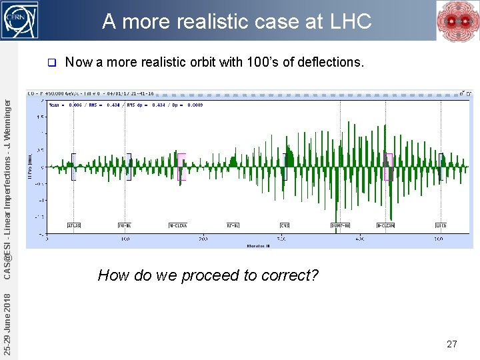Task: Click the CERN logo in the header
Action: coord(20,20)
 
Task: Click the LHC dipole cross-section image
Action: coord(456,21)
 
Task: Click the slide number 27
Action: coord(451,344)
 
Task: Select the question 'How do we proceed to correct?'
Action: coord(208,275)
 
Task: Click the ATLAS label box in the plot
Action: coord(74,225)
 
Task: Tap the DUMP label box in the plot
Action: coord(341,225)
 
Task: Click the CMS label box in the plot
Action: coord(285,225)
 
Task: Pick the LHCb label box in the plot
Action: coord(441,225)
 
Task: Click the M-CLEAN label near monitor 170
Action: coord(178,225)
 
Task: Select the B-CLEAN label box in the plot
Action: coord(386,225)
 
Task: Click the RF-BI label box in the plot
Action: coord(233,225)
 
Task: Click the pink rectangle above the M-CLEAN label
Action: coord(181,167)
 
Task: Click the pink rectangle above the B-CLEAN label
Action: coord(389,167)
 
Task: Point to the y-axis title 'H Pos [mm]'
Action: coord(30,167)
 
